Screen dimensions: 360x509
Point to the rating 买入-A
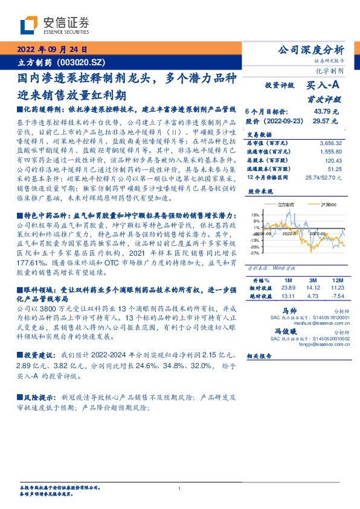(323, 87)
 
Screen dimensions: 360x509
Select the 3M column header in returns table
(312, 281)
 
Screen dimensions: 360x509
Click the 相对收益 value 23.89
(288, 289)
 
